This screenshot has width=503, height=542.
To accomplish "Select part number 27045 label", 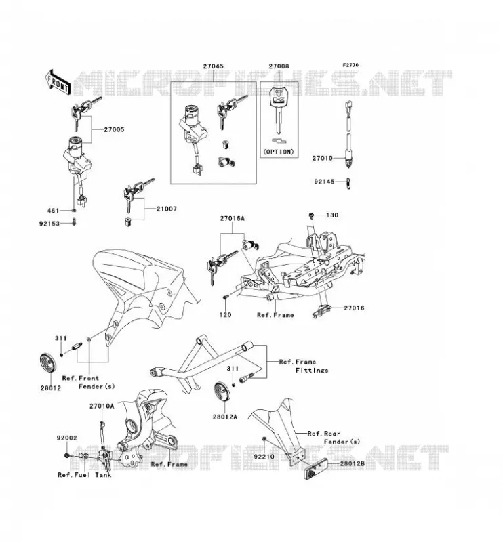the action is click(213, 66).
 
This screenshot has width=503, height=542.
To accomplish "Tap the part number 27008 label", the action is click(279, 66).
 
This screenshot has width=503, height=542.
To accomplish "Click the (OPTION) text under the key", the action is click(279, 152).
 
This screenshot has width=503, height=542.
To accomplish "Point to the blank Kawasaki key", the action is click(279, 110).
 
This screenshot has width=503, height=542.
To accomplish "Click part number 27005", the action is click(114, 129).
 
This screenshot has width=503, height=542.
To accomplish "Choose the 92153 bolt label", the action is click(49, 224).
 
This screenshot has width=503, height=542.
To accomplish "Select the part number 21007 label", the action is click(166, 209).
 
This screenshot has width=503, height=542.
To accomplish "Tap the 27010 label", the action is click(323, 158).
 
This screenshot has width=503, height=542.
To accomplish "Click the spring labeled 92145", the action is click(349, 183).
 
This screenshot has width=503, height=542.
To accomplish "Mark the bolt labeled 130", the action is click(311, 215).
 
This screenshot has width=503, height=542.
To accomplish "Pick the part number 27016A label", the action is click(232, 218).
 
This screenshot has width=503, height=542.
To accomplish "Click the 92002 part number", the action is click(67, 438).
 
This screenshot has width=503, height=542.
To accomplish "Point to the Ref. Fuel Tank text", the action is click(85, 475).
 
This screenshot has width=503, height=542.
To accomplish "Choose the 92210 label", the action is click(264, 457).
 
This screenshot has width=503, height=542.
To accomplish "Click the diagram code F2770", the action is click(350, 65).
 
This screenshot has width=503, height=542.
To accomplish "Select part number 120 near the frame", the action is click(225, 315).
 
